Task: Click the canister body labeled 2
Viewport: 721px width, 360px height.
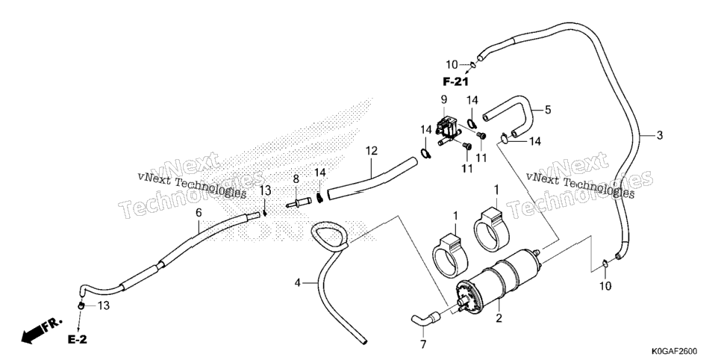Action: [x=498, y=282]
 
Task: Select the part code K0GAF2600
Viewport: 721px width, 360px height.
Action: [x=674, y=351]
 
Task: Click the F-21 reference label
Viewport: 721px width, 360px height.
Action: [x=455, y=82]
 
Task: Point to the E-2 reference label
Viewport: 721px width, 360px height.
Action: [x=78, y=340]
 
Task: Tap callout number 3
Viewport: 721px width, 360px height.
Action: [x=660, y=135]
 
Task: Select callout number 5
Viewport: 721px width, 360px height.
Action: [x=548, y=110]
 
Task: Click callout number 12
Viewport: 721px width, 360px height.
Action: [x=371, y=150]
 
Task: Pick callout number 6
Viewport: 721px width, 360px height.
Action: [x=199, y=212]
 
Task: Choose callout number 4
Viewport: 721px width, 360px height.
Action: [x=298, y=282]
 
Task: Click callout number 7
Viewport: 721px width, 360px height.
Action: [x=423, y=344]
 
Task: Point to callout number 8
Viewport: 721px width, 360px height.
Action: [x=296, y=179]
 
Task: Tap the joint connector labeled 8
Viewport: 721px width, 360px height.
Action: [x=299, y=202]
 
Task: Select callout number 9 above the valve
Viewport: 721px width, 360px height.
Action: [x=444, y=99]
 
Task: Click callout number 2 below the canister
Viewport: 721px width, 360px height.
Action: [x=499, y=317]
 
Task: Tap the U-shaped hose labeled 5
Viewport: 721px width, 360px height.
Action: [x=511, y=115]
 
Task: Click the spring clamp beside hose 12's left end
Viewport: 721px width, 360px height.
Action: [x=320, y=196]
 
